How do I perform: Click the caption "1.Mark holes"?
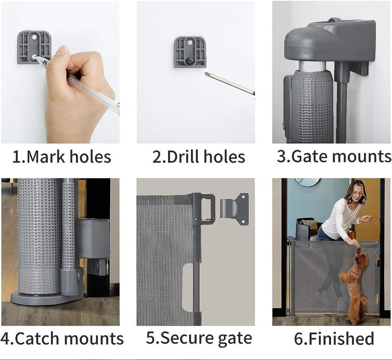click(x=62, y=157)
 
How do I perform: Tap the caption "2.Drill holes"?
click(x=199, y=157)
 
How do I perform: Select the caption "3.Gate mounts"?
click(x=334, y=156)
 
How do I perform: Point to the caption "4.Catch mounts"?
click(x=62, y=339)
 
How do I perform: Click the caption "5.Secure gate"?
click(x=199, y=339)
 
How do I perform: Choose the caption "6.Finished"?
click(x=334, y=339)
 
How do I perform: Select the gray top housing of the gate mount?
click(x=329, y=40)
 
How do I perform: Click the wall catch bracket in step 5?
click(x=235, y=209)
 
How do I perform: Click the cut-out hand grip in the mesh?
click(x=188, y=287)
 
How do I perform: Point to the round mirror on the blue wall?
click(x=307, y=182)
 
